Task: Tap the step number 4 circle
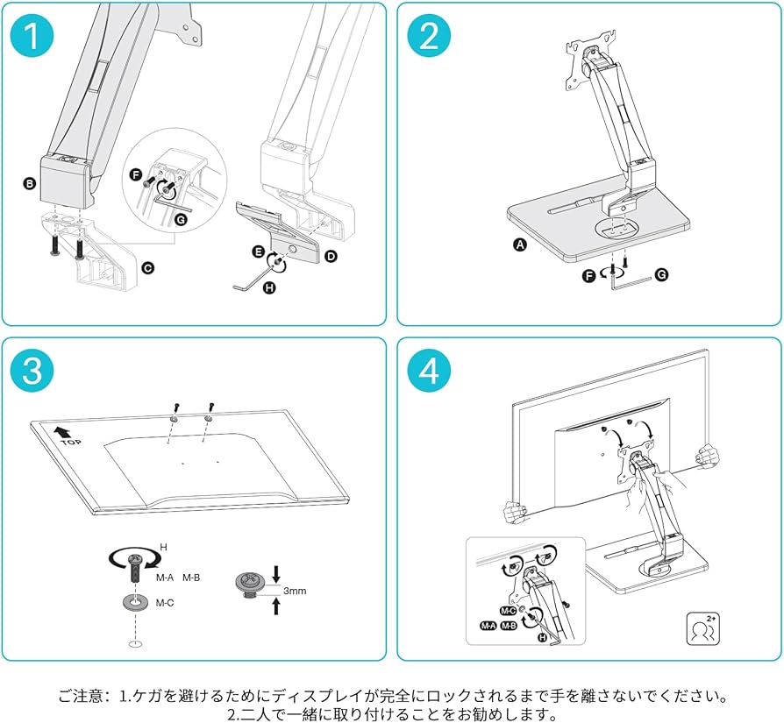pos(429,372)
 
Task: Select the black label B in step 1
pos(29,183)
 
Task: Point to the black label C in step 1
pos(147,266)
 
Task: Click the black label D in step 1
pos(331,256)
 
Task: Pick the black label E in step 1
pos(258,251)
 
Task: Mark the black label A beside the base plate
pos(519,246)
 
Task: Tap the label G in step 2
pos(661,274)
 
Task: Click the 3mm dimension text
pos(295,592)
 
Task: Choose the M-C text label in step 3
pos(166,603)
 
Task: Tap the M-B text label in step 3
pos(192,578)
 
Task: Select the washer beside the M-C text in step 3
pos(133,604)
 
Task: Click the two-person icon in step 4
pos(703,628)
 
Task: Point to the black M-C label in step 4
pos(507,610)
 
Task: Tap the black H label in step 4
pos(542,638)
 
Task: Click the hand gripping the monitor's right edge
pos(706,457)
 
